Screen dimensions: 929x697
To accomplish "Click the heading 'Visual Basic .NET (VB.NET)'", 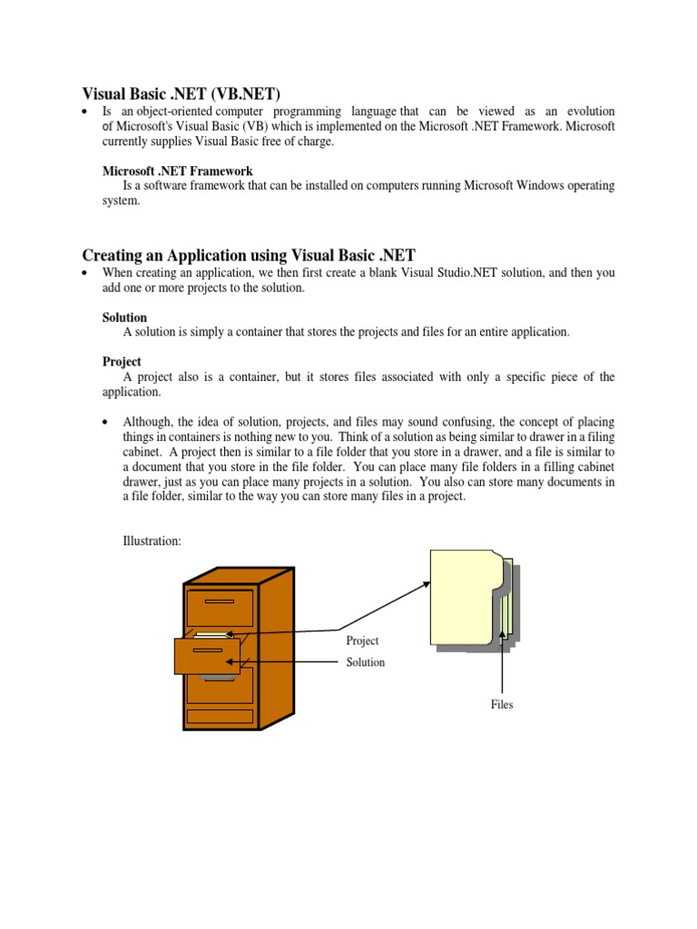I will (182, 93).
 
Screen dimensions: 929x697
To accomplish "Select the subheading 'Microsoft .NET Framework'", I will (177, 171).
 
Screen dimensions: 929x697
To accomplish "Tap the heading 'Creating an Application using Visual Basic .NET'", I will (249, 255).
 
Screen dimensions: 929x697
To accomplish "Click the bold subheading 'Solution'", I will (124, 318).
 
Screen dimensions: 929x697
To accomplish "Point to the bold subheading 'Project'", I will (122, 361).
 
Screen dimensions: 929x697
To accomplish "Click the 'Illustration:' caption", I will (152, 541).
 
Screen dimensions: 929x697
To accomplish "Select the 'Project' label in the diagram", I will (362, 641).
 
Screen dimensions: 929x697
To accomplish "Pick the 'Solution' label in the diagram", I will (365, 662).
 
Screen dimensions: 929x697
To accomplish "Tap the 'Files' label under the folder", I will (501, 704).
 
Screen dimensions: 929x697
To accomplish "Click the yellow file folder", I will (465, 599).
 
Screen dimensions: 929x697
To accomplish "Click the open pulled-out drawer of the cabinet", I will (207, 655).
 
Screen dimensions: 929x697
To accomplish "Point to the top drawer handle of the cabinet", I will (221, 601).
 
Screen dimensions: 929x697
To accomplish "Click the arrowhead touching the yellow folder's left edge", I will (427, 585).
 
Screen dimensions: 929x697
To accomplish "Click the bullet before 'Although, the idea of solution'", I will (106, 424).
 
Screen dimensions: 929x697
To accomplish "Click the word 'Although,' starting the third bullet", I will (146, 423).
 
